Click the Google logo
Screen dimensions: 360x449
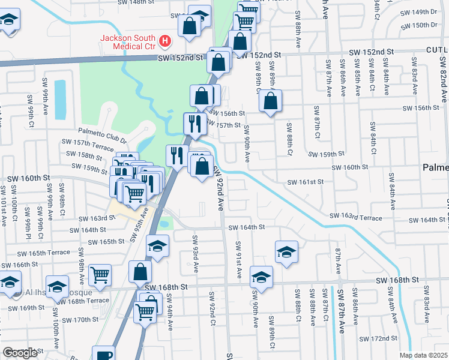tap(19, 352)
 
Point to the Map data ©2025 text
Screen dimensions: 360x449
tap(423, 355)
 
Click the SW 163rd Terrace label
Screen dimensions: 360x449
tap(355, 218)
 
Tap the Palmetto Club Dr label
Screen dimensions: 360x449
tap(102, 131)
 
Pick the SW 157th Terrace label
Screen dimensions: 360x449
tap(88, 143)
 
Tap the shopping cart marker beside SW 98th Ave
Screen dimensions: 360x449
tap(100, 275)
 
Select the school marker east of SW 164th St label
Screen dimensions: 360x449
tap(287, 252)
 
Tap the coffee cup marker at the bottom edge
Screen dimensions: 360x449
tap(103, 355)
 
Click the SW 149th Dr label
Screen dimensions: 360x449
tap(424, 11)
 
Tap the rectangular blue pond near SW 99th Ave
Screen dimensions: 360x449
tap(60, 99)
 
